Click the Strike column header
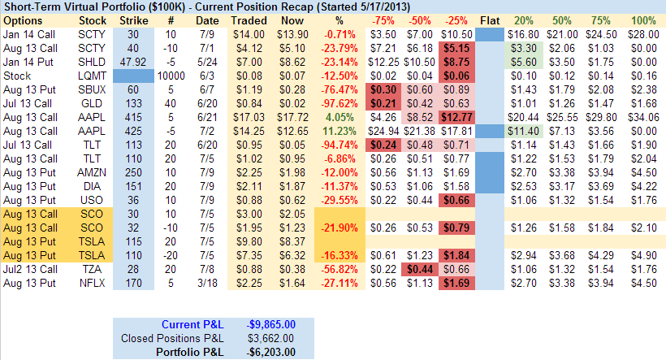coord(134,19)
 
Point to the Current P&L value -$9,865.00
coord(270,324)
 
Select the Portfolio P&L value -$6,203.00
coord(270,352)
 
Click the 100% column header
coord(642,19)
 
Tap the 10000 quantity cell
coord(171,74)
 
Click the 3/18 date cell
coord(207,282)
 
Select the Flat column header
coord(490,19)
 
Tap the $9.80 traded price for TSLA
coord(248,241)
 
